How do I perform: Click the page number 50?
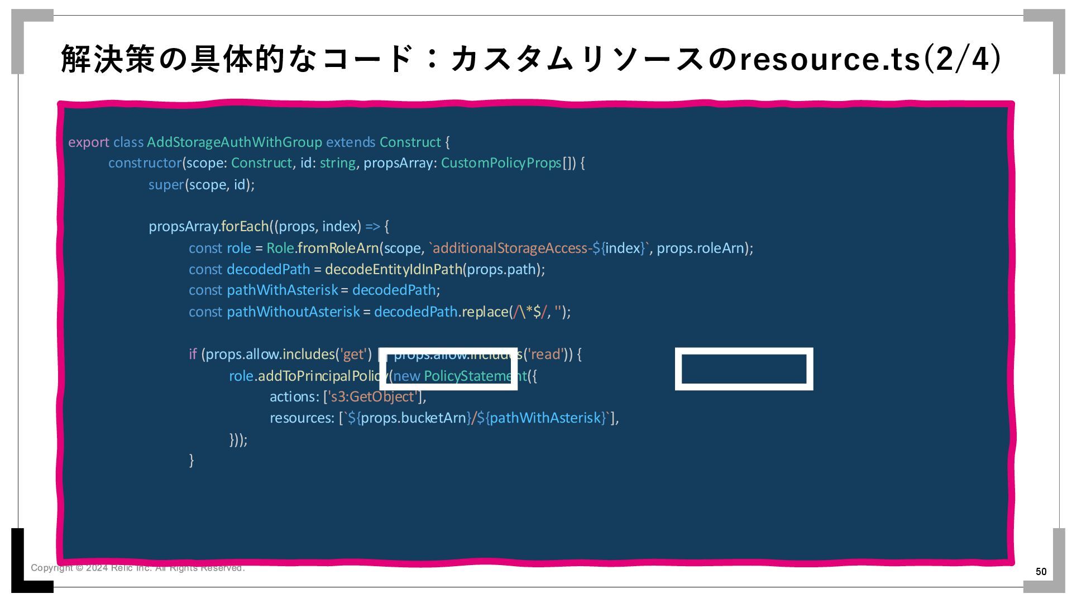(x=1041, y=571)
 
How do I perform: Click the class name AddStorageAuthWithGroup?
(x=234, y=142)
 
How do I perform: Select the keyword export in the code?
(x=88, y=142)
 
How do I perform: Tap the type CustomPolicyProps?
(x=501, y=163)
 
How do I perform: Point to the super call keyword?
(x=166, y=185)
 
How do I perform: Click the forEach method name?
(x=245, y=227)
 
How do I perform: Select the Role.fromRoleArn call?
(x=322, y=248)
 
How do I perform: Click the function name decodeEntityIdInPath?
(x=393, y=269)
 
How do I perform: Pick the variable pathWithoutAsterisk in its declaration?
(x=293, y=312)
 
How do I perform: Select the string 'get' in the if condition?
(x=353, y=355)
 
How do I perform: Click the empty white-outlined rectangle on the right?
(x=744, y=369)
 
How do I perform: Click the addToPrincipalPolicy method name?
(x=322, y=376)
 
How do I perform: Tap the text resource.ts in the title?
(x=830, y=59)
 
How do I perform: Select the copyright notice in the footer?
(x=137, y=568)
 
